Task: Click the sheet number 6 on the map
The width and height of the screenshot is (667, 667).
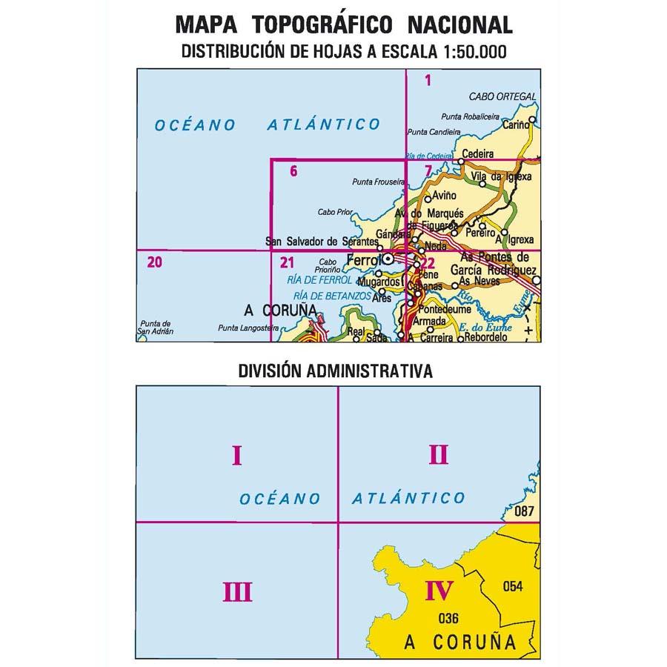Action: (294, 171)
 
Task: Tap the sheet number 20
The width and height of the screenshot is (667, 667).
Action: (155, 261)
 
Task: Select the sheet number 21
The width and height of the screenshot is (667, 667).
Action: (288, 261)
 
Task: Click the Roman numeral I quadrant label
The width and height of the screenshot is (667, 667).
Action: (237, 454)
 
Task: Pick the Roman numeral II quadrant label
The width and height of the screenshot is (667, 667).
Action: (439, 454)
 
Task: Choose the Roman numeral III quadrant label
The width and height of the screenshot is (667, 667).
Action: (237, 592)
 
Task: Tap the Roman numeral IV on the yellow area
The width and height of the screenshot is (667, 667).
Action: (439, 591)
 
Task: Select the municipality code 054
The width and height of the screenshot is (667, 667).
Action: (512, 587)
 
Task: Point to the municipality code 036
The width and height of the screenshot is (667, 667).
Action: (450, 619)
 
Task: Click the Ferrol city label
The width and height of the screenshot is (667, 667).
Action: (363, 261)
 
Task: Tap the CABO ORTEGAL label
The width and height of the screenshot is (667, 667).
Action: (502, 97)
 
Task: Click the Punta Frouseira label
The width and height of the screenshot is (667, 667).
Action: (378, 182)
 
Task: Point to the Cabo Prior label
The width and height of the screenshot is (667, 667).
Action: (333, 211)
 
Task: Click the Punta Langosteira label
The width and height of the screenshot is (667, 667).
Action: (244, 328)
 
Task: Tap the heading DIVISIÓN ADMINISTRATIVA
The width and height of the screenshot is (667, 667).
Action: (335, 371)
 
